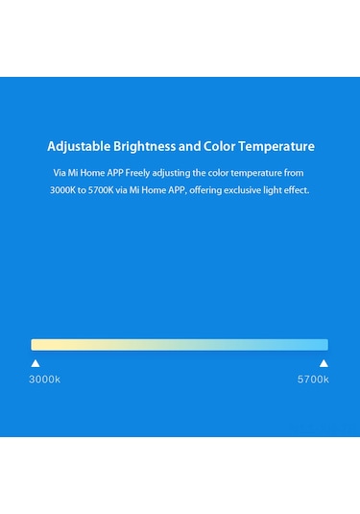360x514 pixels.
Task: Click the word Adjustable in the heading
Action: point(78,147)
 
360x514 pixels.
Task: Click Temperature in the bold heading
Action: point(280,147)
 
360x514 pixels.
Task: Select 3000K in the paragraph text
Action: point(65,190)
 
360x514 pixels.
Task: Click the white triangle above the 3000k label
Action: point(36,363)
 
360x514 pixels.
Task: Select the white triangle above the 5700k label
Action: point(324,363)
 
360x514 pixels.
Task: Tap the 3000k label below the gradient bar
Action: point(44,379)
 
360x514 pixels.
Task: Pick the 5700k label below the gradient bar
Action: point(313,379)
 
